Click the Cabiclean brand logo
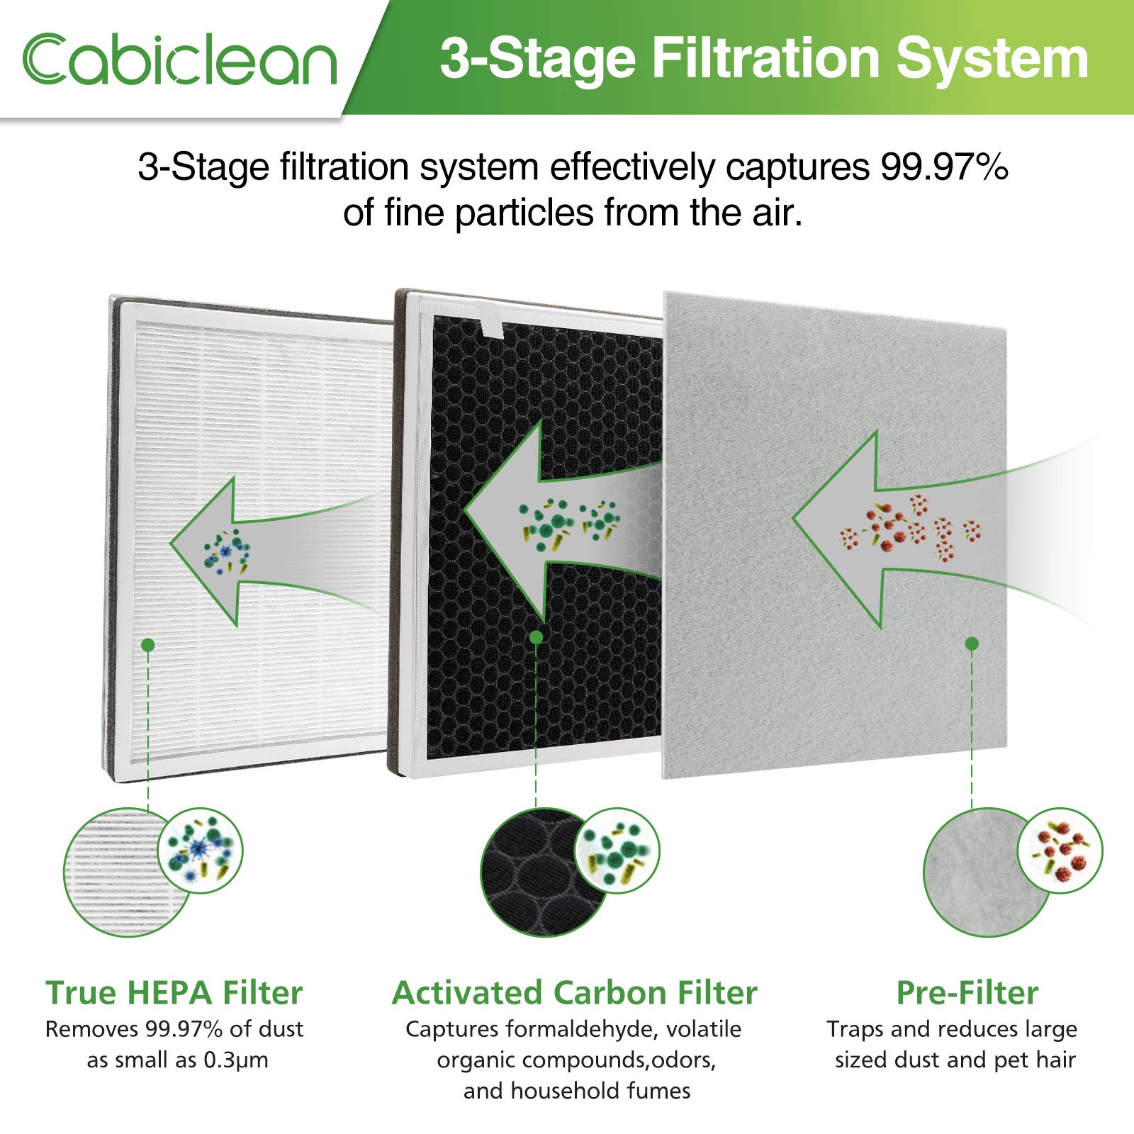(179, 59)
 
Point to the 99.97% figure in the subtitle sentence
(944, 167)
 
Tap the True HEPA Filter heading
(174, 992)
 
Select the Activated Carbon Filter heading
(575, 992)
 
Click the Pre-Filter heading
(967, 992)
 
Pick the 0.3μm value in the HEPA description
(236, 1060)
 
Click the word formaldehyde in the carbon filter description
(583, 1029)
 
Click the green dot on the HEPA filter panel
(148, 644)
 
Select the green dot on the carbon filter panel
(536, 637)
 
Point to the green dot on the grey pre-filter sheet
(972, 644)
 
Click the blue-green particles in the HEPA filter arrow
(226, 549)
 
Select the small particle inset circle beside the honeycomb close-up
(617, 850)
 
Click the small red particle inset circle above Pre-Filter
(1060, 850)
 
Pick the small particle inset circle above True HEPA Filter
(200, 850)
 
